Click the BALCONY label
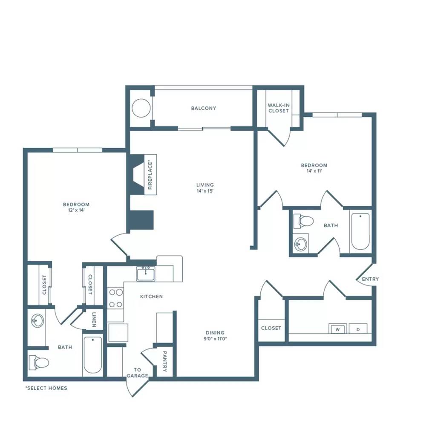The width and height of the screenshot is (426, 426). (x=204, y=108)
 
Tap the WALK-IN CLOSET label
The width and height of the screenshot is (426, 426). (x=279, y=108)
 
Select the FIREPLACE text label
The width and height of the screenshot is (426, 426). (x=150, y=175)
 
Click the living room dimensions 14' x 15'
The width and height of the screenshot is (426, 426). (x=205, y=191)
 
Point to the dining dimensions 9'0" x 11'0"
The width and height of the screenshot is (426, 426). (x=215, y=339)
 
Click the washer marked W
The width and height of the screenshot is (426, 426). (x=337, y=328)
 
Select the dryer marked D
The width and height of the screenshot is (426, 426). (x=358, y=328)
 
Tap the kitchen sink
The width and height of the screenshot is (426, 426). (x=146, y=273)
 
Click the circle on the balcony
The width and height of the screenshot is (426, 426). (x=141, y=108)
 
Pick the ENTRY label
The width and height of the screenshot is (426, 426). (x=370, y=279)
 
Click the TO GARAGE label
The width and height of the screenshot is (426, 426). (x=138, y=373)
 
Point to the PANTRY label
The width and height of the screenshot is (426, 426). (x=164, y=361)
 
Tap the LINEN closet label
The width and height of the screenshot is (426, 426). (x=94, y=319)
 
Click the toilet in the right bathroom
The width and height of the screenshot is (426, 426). (x=303, y=221)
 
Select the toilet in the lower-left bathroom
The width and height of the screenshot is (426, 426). (x=39, y=363)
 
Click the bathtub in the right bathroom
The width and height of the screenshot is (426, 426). (x=360, y=231)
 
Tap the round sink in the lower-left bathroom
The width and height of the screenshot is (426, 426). (x=37, y=321)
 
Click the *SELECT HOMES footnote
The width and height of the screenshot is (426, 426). (x=46, y=388)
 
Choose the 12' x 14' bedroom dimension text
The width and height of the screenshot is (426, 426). (x=76, y=210)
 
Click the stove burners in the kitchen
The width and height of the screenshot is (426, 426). (x=116, y=298)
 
